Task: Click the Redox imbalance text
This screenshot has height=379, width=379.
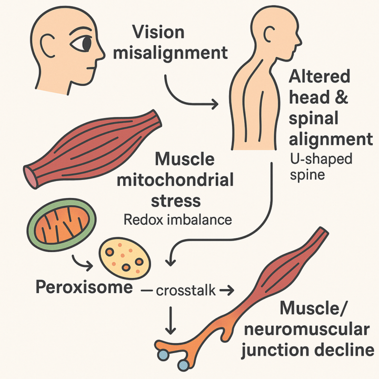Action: tap(177, 220)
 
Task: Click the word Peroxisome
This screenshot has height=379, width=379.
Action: tap(78, 288)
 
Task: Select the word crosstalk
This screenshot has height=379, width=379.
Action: tap(187, 290)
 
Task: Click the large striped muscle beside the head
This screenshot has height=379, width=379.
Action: tap(92, 147)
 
